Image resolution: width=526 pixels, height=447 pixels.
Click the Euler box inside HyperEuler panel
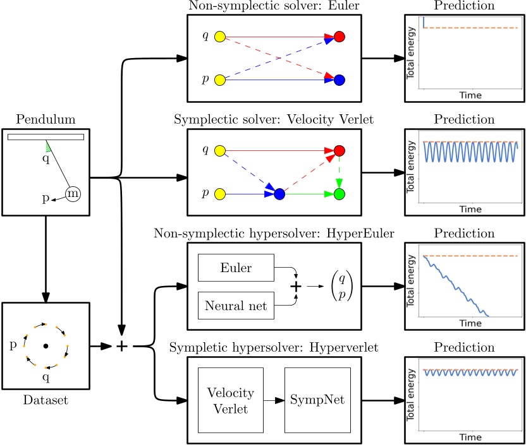[236, 268]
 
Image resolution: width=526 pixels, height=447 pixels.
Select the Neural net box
[236, 306]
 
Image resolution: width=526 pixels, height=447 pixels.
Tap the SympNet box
[315, 400]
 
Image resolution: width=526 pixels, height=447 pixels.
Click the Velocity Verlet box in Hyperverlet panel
[230, 400]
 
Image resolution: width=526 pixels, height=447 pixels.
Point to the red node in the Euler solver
[339, 37]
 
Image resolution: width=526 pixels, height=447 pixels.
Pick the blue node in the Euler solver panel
[339, 80]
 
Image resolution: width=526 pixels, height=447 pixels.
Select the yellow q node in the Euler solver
[220, 37]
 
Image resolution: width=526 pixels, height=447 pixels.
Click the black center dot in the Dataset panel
[46, 346]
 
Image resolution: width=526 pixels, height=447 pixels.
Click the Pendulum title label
[46, 119]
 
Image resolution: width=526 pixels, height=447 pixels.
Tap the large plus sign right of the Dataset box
[122, 346]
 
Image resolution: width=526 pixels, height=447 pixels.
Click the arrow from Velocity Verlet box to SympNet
[274, 400]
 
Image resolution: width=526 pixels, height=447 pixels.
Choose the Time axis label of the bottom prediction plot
[470, 436]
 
